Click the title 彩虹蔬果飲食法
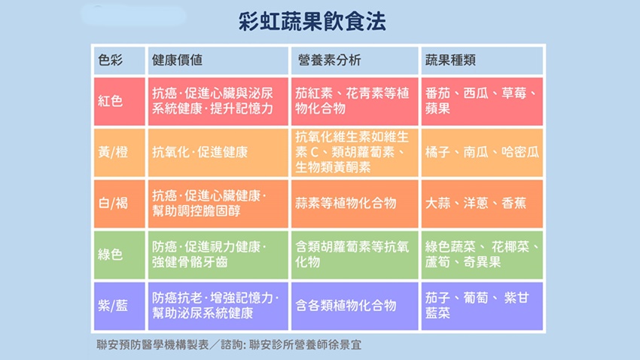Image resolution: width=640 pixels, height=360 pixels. click(312, 22)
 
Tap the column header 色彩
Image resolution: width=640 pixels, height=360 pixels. click(110, 60)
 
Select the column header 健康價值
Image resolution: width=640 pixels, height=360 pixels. click(177, 60)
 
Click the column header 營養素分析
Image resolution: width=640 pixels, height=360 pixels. click(329, 60)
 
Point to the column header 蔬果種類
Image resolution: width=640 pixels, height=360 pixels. click(450, 60)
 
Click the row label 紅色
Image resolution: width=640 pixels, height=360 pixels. click(110, 101)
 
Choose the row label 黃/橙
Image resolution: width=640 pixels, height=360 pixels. click(113, 152)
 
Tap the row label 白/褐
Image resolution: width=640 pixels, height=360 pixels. click(113, 203)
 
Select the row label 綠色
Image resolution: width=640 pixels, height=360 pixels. click(110, 255)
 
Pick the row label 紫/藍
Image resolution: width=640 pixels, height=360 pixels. click(113, 305)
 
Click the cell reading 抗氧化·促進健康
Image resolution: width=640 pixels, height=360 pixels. click(200, 152)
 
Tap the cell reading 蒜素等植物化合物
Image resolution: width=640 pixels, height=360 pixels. click(346, 203)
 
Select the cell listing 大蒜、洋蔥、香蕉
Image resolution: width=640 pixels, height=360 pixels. click(476, 203)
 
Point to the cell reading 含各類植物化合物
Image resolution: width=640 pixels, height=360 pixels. click(346, 305)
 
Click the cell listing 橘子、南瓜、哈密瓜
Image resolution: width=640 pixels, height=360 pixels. click(482, 152)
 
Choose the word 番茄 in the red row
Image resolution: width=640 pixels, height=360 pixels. click(437, 93)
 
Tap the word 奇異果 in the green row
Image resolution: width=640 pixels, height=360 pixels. click(482, 262)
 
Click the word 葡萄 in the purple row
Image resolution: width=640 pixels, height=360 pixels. click(476, 298)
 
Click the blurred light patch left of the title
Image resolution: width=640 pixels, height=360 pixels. click(133, 16)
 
